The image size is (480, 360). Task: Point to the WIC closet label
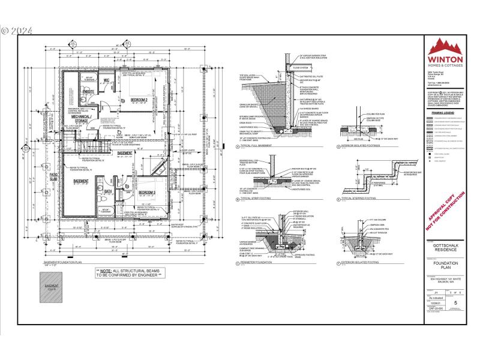pos(106,80)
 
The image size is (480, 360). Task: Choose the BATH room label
pos(108,192)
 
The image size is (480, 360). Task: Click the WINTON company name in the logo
pos(444,60)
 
